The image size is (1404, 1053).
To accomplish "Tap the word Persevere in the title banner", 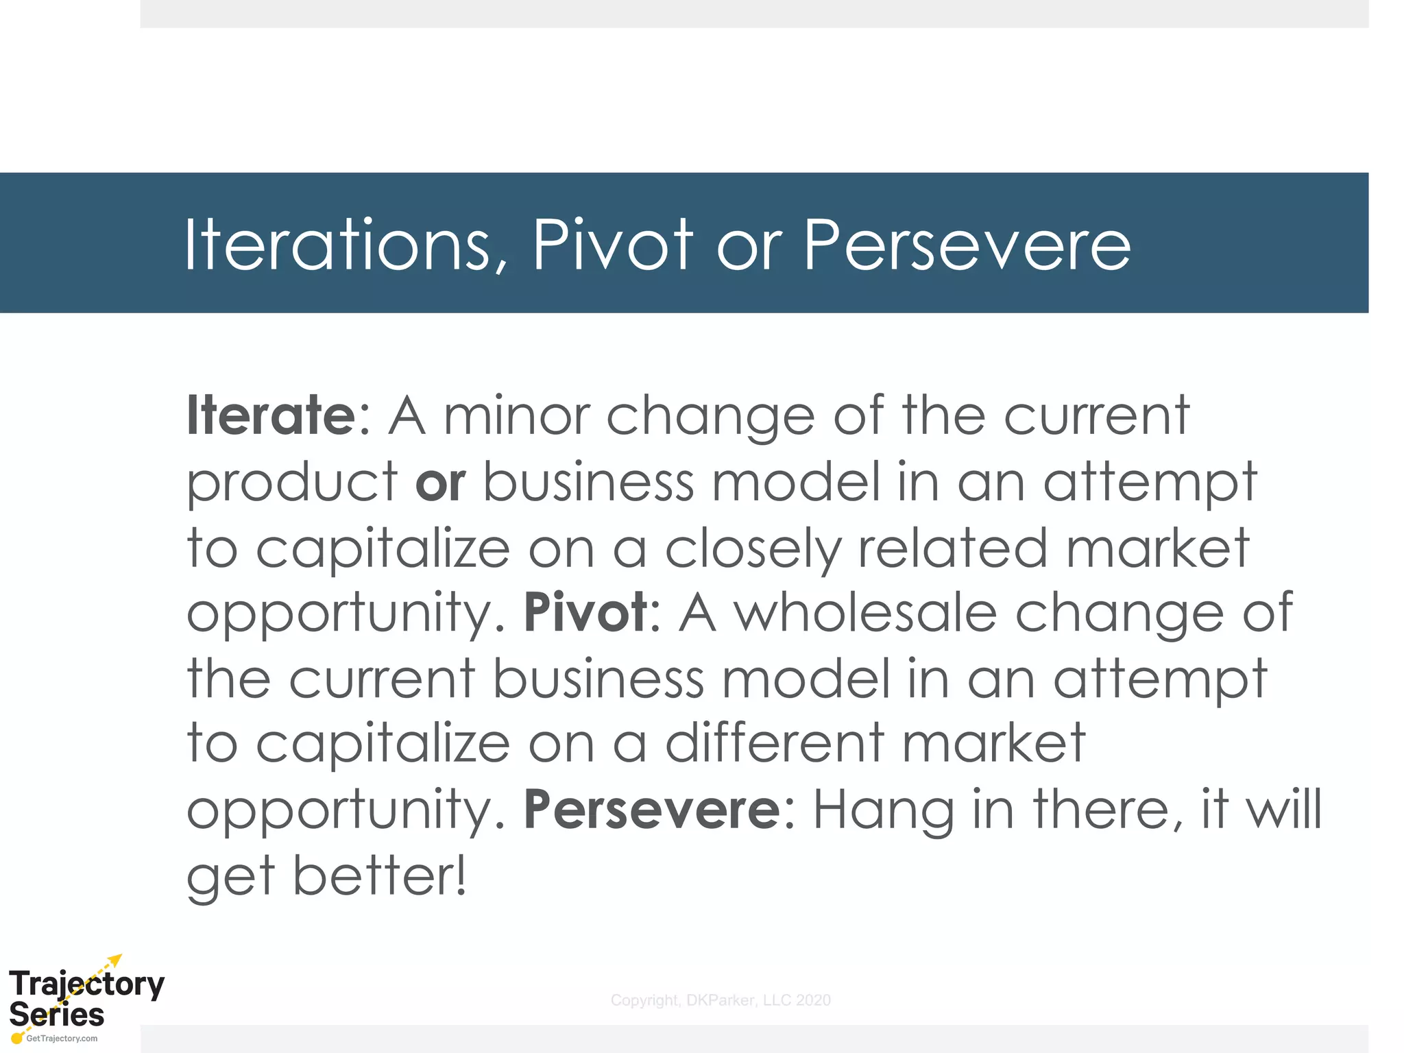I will (x=967, y=245).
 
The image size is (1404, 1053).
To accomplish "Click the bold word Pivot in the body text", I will (x=585, y=612).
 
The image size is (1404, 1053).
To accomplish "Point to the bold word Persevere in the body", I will (x=652, y=810).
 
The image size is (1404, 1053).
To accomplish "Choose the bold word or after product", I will (x=440, y=481).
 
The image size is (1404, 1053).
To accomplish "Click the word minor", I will (x=517, y=415).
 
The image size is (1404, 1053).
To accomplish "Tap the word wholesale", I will (x=865, y=612).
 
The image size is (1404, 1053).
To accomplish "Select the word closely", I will (x=753, y=548).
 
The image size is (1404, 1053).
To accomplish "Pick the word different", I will (x=775, y=743).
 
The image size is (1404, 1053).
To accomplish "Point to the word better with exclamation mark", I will (x=380, y=875).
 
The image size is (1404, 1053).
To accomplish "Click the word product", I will (x=292, y=483).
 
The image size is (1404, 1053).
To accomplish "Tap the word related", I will (x=953, y=548).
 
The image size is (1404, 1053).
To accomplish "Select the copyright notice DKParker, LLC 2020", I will (x=721, y=1000).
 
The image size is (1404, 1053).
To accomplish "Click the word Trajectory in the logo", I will (x=86, y=984).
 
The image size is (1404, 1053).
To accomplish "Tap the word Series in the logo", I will (x=56, y=1014).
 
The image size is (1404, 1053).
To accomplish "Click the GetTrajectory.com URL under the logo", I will (x=62, y=1039).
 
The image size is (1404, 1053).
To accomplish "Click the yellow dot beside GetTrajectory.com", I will (x=17, y=1039).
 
